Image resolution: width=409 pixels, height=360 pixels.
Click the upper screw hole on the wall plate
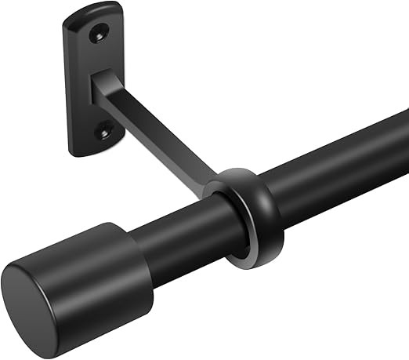pos(99,33)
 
